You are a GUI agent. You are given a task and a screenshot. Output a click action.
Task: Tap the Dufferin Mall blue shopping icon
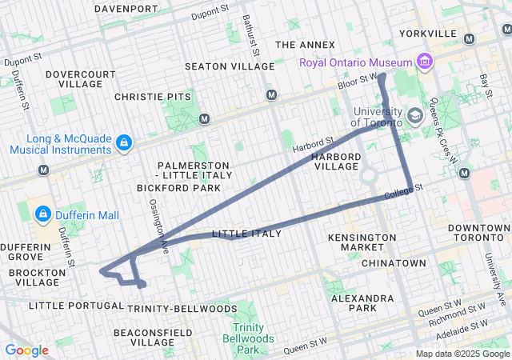pos(42,214)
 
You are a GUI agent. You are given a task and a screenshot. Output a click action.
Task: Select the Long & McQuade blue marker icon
pos(124,143)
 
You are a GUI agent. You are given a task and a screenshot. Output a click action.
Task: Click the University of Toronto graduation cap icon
pos(414,116)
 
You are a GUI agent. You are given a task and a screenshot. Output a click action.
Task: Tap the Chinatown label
pos(394,263)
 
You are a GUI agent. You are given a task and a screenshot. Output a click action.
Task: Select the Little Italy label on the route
pos(246,234)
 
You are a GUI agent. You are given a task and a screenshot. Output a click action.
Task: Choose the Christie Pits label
pos(153,97)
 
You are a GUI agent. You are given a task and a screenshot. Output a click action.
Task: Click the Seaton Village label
pos(230,66)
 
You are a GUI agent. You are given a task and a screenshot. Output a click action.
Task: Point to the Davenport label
pos(126,9)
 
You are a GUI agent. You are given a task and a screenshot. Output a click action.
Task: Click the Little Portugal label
pos(76,306)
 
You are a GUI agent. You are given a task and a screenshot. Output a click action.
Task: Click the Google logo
pos(26,350)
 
